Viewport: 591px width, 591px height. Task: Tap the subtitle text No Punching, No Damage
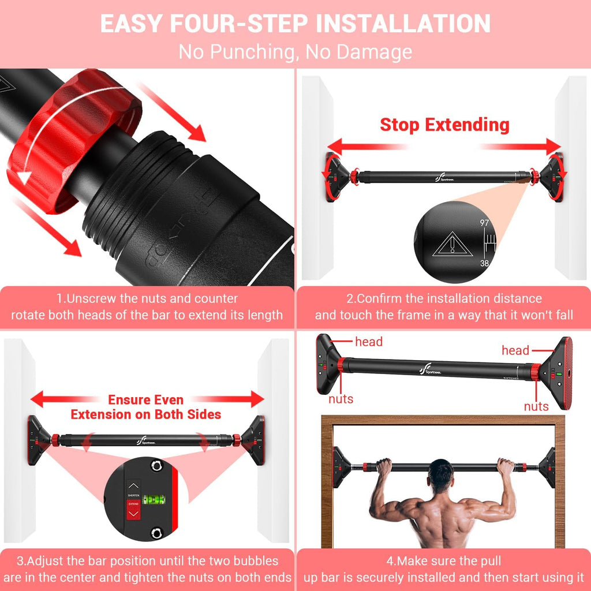(x=295, y=52)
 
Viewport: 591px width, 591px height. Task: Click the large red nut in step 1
(x=69, y=139)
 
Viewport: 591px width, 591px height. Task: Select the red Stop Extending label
(x=444, y=125)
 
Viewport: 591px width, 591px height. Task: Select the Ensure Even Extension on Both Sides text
(x=145, y=407)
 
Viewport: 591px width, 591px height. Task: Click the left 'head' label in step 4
(x=369, y=342)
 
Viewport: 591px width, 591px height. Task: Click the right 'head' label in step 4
(x=515, y=350)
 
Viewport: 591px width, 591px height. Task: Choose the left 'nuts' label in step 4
(x=341, y=399)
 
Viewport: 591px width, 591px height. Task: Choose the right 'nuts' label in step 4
(x=536, y=406)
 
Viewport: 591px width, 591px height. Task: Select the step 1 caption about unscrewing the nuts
(x=147, y=307)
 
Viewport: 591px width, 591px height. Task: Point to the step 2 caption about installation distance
(x=443, y=307)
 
